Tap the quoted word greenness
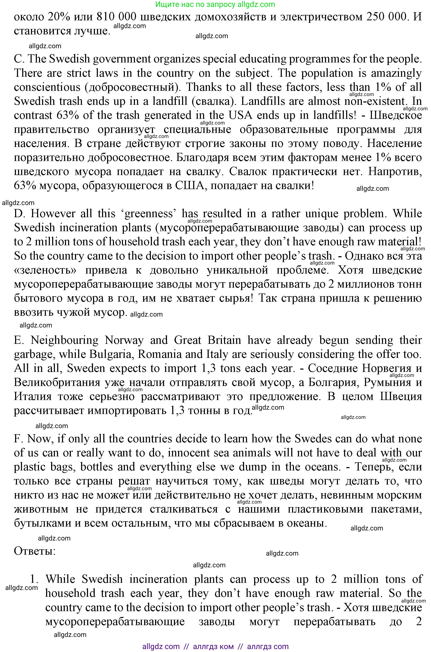[150, 214]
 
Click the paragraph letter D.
[19, 214]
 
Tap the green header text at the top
[215, 4]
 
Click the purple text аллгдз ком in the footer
[213, 646]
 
